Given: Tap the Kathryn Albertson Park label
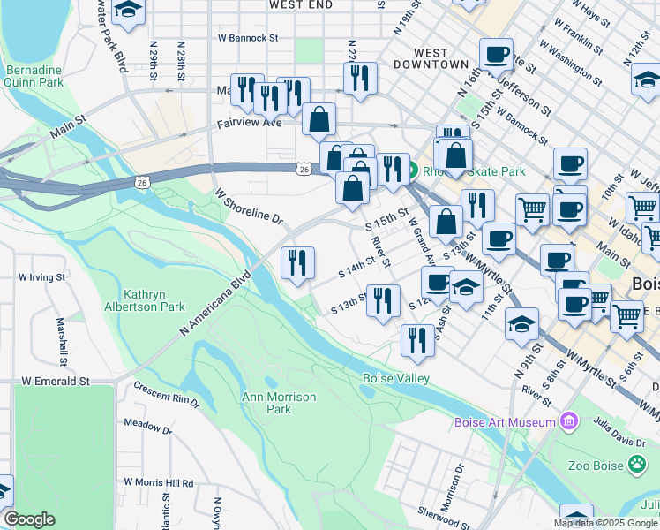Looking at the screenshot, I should click(154, 300).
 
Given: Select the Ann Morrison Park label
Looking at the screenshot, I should click(279, 403).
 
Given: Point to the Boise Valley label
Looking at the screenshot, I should click(396, 379).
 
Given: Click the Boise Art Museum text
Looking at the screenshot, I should click(505, 422).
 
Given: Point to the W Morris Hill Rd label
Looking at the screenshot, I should click(159, 483).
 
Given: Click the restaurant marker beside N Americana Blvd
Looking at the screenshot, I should click(297, 262).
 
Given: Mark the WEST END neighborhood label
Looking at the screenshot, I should click(301, 5).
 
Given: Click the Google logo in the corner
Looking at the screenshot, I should click(30, 519).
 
